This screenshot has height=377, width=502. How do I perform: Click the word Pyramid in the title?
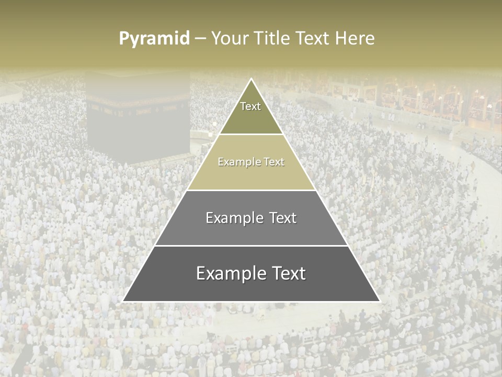pos(154,39)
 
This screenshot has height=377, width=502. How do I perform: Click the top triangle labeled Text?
pos(251,113)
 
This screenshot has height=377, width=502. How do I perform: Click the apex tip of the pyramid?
pos(252,80)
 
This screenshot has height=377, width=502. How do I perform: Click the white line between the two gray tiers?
pos(251,246)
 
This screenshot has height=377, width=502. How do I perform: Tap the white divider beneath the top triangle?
pos(251,135)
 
